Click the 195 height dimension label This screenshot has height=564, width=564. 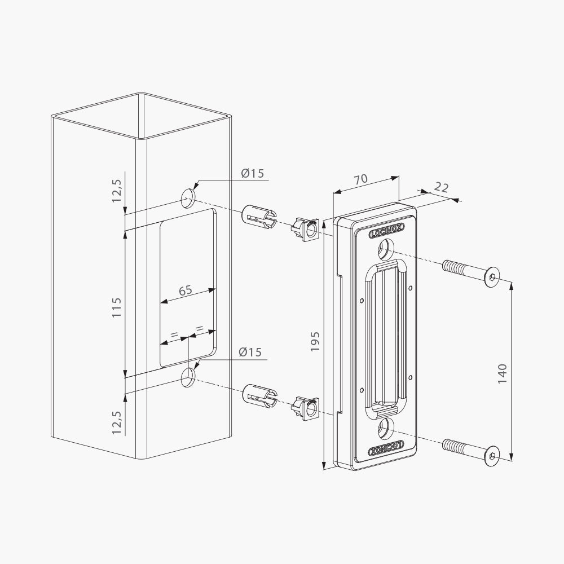point(315,341)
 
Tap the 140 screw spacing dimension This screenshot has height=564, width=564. point(502,373)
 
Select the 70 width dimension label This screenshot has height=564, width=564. point(360,179)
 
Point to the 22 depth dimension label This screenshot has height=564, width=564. point(442,187)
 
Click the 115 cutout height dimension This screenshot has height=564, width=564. point(117,307)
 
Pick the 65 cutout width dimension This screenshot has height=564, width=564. point(185,290)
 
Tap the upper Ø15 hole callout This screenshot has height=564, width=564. point(252,173)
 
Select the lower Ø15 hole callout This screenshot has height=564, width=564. point(250,352)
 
